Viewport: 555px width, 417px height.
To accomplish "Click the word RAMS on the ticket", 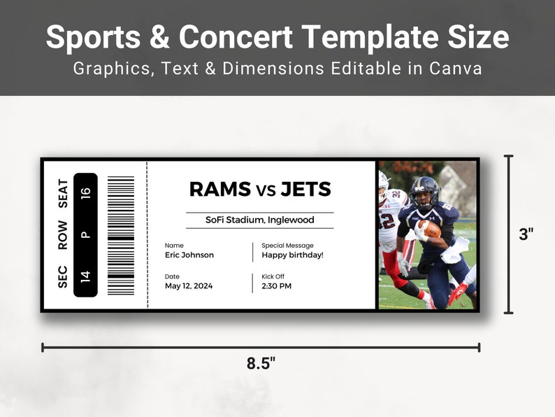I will point(219,189).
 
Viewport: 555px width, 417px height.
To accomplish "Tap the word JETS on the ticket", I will point(305,189).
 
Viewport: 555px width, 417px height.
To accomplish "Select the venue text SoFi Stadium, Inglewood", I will point(259,220).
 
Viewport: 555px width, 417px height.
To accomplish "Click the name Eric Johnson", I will point(189,255).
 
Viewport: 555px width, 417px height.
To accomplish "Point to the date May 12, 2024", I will point(189,285).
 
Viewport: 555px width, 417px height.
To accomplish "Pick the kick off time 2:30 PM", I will point(277,285).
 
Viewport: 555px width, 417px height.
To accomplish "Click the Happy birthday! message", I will point(292,255).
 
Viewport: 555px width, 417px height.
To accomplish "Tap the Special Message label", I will point(287,246).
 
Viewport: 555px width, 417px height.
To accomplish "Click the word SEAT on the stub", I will point(63,194).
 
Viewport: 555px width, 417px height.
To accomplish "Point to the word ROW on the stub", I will point(63,235).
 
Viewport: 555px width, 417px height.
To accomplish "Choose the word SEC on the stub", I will point(63,275).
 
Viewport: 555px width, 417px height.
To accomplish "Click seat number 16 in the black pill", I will point(85,194).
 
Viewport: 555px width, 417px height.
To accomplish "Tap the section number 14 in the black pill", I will point(85,275).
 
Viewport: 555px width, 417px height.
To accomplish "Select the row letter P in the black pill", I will point(85,235).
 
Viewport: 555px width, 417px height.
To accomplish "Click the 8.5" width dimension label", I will point(261,364).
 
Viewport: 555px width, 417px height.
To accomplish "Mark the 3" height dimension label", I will point(526,235).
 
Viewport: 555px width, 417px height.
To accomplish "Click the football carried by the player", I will point(428,228).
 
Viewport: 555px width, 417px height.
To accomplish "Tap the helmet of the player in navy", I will point(424,190).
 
